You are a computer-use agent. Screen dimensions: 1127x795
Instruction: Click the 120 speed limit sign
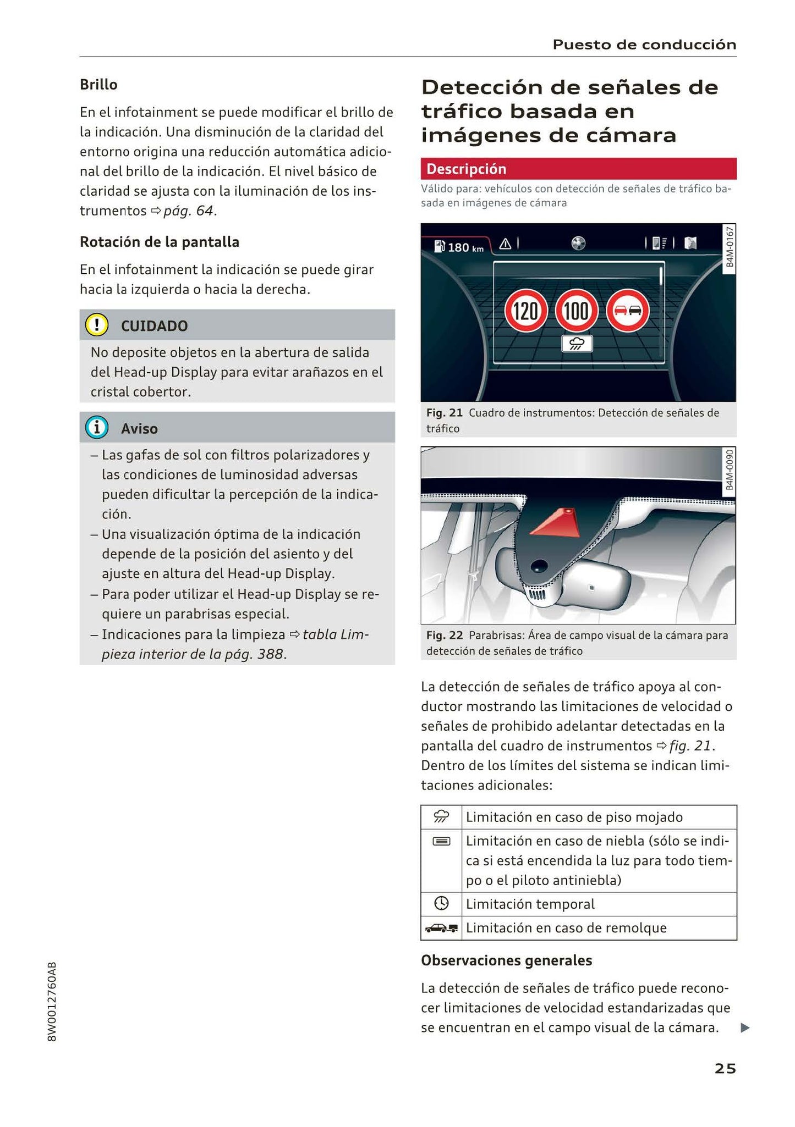(526, 311)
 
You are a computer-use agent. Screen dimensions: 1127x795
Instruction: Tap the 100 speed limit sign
(577, 311)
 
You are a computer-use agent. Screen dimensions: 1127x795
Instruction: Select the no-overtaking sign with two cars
(628, 311)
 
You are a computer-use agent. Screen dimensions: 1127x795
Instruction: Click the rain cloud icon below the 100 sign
(577, 344)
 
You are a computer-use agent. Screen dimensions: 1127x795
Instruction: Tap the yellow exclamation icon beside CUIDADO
(97, 325)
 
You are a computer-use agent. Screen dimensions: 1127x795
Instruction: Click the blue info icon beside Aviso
(97, 428)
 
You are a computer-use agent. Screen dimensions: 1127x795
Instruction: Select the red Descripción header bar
(578, 169)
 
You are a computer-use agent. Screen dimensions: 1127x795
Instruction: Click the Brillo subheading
(98, 85)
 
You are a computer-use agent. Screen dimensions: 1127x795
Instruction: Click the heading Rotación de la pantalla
(160, 242)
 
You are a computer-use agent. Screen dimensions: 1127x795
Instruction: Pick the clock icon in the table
(441, 903)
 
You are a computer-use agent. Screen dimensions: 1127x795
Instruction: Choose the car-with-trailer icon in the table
(441, 928)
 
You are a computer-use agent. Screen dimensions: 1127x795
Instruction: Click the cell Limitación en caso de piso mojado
(574, 817)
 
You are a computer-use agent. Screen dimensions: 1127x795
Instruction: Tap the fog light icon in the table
(441, 841)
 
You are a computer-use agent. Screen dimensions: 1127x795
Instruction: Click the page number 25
(725, 1068)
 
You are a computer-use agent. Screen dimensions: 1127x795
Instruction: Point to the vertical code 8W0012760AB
(52, 1001)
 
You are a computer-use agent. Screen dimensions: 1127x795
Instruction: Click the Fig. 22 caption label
(445, 635)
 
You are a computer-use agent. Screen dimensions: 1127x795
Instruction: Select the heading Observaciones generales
(506, 960)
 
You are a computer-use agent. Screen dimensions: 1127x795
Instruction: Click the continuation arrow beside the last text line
(744, 1027)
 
